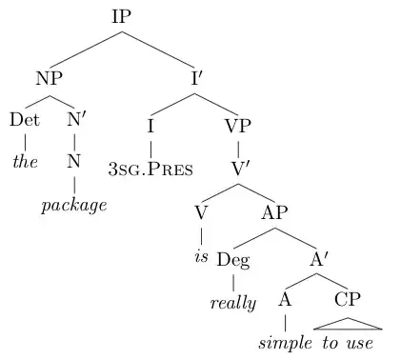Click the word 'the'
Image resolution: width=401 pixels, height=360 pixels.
pyautogui.click(x=24, y=161)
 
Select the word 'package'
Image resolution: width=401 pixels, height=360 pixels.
pyautogui.click(x=75, y=205)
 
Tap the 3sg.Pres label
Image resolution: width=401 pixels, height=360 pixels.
pyautogui.click(x=150, y=170)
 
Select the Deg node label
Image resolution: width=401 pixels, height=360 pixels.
pyautogui.click(x=233, y=259)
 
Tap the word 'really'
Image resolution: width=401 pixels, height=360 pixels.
pyautogui.click(x=233, y=304)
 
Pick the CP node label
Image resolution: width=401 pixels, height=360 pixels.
pyautogui.click(x=348, y=299)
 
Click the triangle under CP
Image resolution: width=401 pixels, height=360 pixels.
pyautogui.click(x=348, y=323)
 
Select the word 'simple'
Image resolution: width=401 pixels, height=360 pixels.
pyautogui.click(x=287, y=342)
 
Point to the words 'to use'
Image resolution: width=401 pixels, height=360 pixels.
pyautogui.click(x=351, y=342)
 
